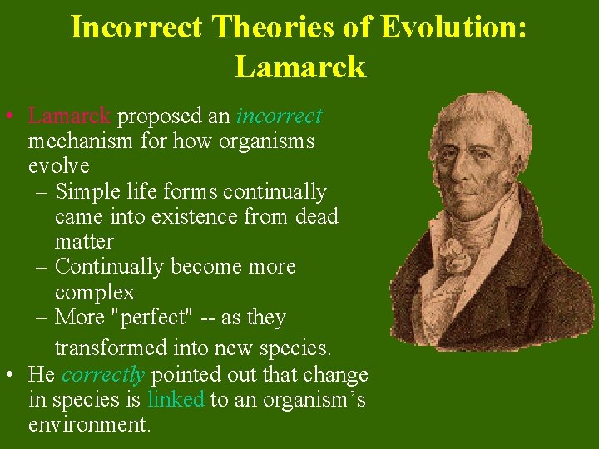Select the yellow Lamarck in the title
pos(299,67)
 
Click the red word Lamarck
pos(69,116)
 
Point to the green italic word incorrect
pos(280,116)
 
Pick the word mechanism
pos(80,141)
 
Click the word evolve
pos(59,166)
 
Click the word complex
pos(94,293)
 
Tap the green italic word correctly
pos(101,375)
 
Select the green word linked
pos(176,400)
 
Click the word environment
pos(89,426)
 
